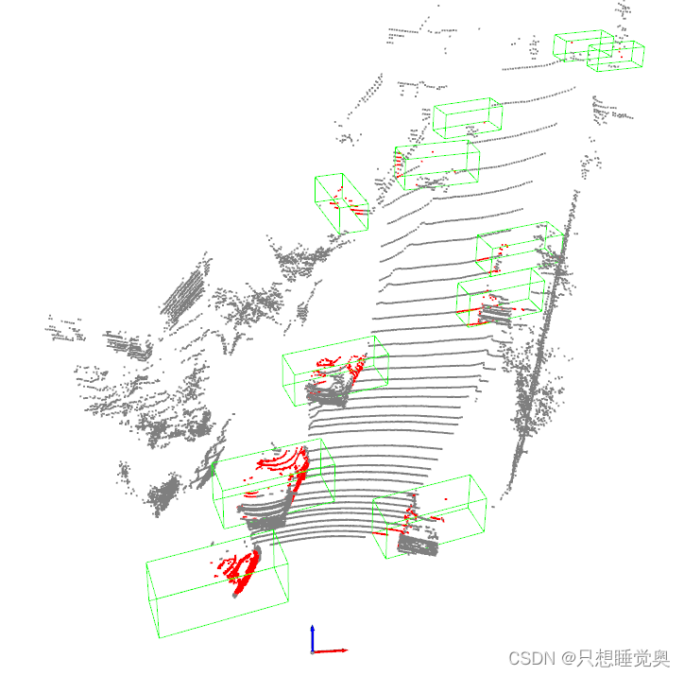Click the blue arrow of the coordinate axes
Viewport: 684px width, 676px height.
pyautogui.click(x=313, y=635)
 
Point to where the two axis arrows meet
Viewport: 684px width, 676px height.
pyautogui.click(x=313, y=650)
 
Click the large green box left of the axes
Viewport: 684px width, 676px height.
pyautogui.click(x=218, y=586)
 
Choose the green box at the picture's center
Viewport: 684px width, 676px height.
pyautogui.click(x=335, y=371)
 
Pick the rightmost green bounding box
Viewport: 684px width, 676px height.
pyautogui.click(x=616, y=55)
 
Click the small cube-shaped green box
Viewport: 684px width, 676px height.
pyautogui.click(x=341, y=201)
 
